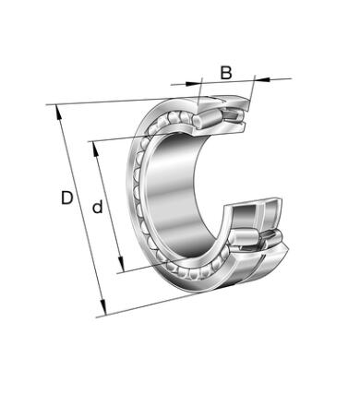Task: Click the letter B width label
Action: (226, 73)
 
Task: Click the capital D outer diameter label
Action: (67, 197)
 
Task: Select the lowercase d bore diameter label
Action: (98, 207)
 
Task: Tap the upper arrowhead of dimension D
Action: (58, 112)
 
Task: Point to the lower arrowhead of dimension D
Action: (103, 308)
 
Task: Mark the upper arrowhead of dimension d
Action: (95, 149)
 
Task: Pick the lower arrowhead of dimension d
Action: (121, 265)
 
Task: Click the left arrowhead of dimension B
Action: (193, 82)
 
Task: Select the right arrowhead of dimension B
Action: (262, 79)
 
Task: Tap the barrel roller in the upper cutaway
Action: (207, 120)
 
